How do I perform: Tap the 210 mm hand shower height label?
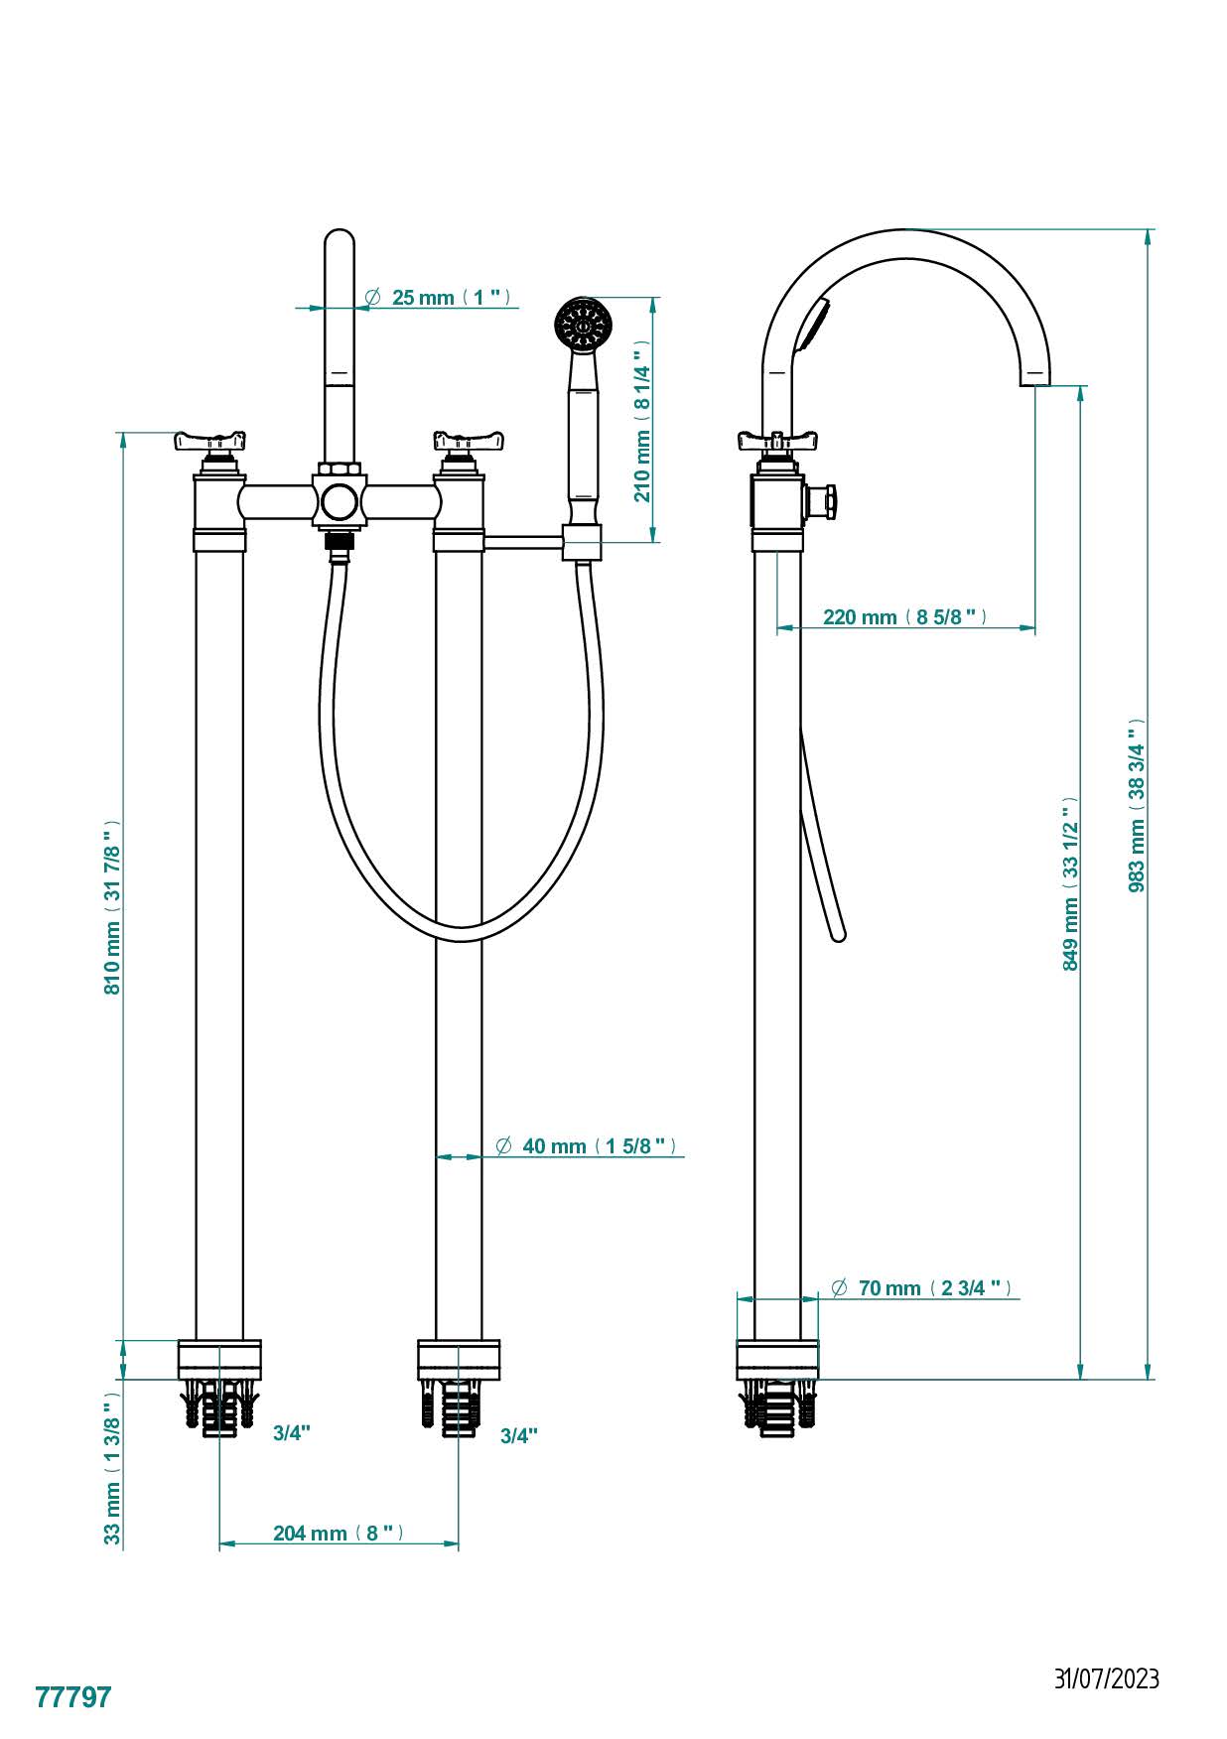643,421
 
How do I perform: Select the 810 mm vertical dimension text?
113,906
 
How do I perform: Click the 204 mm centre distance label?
339,1534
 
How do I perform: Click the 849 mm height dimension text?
1070,883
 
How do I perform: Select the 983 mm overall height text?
1137,805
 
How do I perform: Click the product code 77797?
73,1697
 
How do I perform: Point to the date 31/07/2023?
1106,1678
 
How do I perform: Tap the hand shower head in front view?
585,323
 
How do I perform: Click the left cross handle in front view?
209,440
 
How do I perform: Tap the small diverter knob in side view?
824,501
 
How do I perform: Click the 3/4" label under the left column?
292,1432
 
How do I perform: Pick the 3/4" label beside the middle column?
518,1435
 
